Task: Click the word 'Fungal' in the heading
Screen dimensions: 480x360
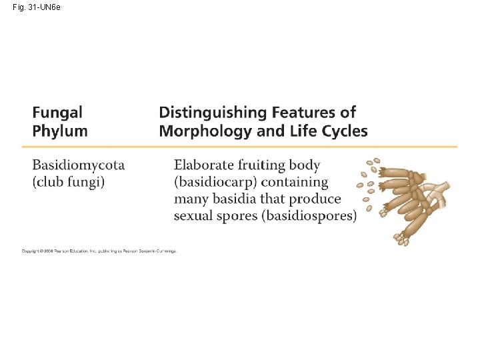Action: click(x=57, y=113)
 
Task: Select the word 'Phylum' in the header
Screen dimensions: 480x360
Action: click(x=60, y=131)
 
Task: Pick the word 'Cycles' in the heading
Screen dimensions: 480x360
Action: click(x=344, y=131)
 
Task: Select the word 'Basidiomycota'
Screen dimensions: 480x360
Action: click(x=79, y=165)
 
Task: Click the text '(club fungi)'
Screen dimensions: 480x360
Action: click(x=69, y=181)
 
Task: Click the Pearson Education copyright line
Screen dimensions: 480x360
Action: click(x=99, y=251)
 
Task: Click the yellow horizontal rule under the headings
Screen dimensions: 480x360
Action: click(x=240, y=146)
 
